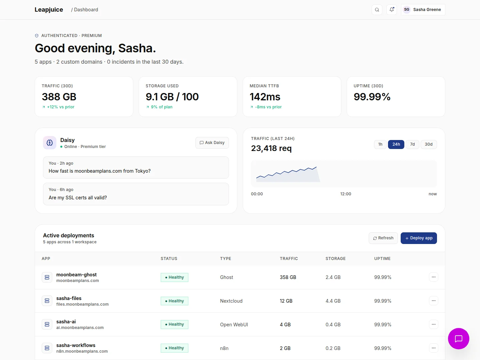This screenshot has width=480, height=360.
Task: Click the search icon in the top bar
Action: point(377,10)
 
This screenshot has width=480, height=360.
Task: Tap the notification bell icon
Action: point(391,10)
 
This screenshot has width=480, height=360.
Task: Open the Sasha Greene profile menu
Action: point(423,10)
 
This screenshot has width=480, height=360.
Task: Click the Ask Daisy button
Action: point(212,143)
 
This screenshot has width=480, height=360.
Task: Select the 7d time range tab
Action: point(412,144)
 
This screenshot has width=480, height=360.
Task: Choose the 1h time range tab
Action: point(380,144)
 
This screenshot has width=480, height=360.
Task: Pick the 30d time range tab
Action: point(428,144)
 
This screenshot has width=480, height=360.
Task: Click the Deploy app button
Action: point(419,238)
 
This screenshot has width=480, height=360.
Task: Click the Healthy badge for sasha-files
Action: point(174,301)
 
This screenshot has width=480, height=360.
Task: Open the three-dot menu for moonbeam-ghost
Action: point(433,277)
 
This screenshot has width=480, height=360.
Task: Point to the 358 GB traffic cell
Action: point(288,277)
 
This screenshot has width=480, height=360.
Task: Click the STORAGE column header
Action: point(335,258)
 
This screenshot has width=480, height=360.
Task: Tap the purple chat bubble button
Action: point(458,339)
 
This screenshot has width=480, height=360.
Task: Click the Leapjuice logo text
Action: point(49,10)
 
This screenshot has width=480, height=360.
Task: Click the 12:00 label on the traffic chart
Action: point(346,194)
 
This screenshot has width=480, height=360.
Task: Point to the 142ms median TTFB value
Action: point(265,97)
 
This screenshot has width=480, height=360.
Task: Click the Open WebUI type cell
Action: point(234,325)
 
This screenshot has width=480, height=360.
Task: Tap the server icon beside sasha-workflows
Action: point(47,348)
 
